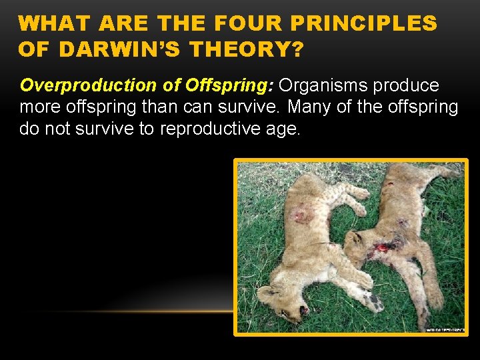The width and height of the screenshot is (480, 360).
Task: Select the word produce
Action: click(406, 86)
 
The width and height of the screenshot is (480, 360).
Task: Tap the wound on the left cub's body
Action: click(303, 215)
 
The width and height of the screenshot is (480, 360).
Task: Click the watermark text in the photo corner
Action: click(445, 329)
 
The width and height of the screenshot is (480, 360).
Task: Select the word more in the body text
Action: click(42, 107)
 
